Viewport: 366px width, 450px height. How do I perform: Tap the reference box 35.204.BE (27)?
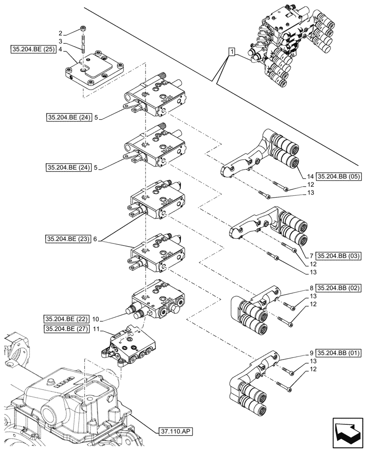tap(67, 329)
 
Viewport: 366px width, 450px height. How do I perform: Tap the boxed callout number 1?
tap(231, 53)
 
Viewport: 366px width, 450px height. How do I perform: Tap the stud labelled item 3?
tap(84, 45)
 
